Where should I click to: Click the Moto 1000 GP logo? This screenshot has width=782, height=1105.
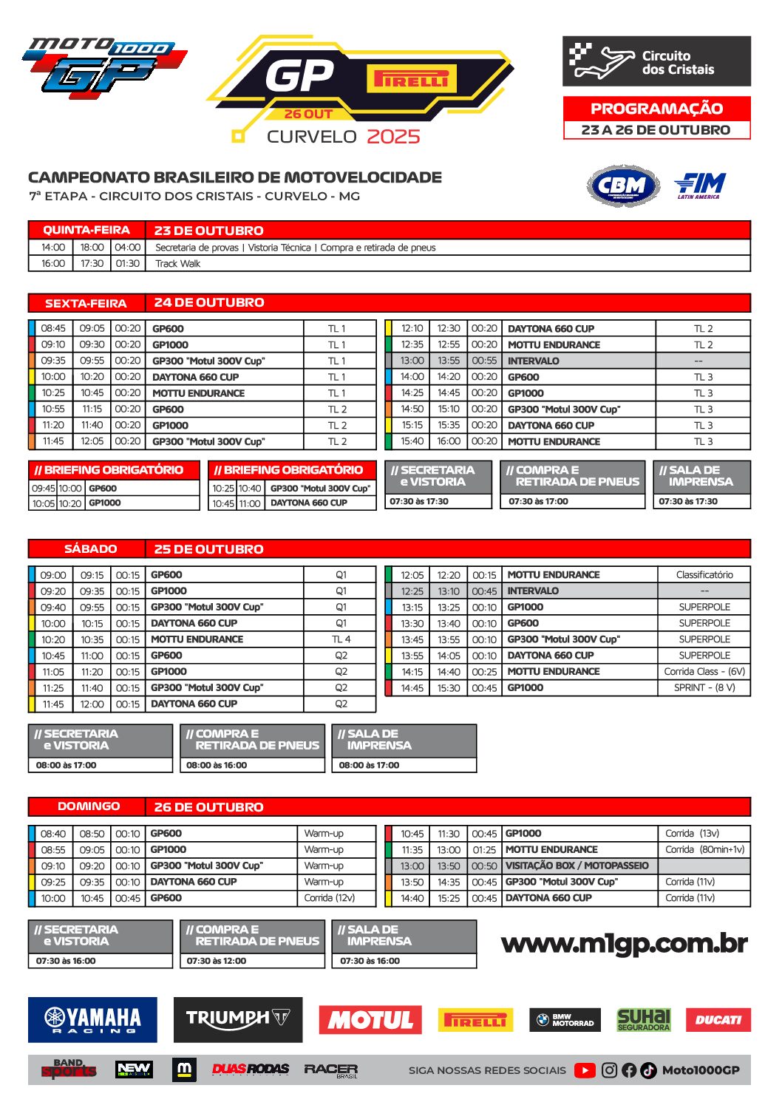coord(103,67)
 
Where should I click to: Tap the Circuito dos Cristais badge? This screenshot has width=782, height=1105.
coord(656,62)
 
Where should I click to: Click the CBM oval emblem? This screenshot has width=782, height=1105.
coord(623,186)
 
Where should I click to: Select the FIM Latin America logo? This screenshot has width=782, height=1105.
coord(699,185)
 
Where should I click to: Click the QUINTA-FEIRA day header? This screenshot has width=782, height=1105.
coord(86,230)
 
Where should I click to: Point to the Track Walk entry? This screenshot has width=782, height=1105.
coord(177,264)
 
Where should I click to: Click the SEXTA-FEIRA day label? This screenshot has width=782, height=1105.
coord(86,303)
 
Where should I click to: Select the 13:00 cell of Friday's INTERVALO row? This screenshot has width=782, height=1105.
coord(412,361)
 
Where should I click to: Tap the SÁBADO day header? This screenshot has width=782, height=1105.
coord(90,549)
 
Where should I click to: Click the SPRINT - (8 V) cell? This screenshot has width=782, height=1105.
coord(704,688)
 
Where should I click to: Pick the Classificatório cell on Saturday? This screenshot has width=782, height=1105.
coord(704,575)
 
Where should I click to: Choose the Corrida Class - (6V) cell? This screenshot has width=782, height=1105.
coord(704,672)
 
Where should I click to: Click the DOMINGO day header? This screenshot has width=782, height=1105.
coord(89,806)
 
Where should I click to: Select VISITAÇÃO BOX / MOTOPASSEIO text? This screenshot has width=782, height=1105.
coord(577,866)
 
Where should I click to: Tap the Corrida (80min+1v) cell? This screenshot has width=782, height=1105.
coord(704,850)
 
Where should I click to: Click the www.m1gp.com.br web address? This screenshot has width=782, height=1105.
coord(624,944)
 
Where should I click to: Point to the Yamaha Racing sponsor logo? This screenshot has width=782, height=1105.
coord(92,1020)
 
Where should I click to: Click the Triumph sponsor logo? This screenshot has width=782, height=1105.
coord(237,1020)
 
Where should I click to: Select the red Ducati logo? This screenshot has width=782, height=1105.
coord(718,1020)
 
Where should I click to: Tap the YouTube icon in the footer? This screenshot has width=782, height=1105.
coord(585,1070)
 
